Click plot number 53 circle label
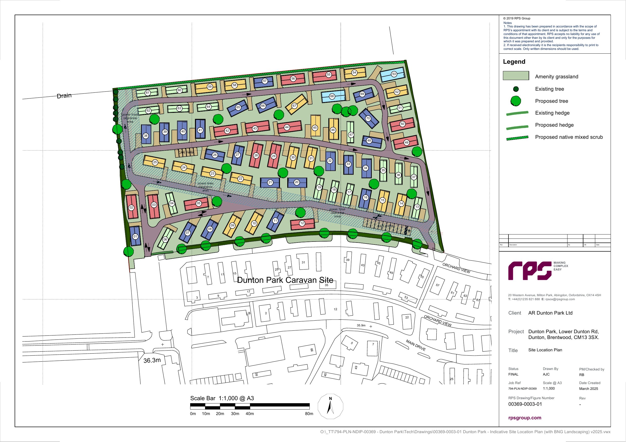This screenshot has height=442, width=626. pos(394,74)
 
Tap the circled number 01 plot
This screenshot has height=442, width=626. pos(135,236)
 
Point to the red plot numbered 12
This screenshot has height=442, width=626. pos(302,223)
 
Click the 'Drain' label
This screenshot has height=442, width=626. pos(64,96)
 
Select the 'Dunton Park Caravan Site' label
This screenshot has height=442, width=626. pos(285,280)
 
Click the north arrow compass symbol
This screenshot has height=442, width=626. pos(330,406)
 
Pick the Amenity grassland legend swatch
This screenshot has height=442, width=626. pos(516,76)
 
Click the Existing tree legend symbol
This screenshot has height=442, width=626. pos(516,89)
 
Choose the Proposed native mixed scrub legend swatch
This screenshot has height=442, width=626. pos(517,138)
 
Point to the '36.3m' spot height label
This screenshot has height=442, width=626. pos(152,360)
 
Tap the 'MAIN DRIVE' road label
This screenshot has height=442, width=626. pos(415,345)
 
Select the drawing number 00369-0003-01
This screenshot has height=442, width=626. pos(525,404)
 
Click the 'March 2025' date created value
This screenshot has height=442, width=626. pos(588,389)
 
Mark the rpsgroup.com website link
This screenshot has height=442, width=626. pos(525,418)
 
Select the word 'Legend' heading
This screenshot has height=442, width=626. pos(514,61)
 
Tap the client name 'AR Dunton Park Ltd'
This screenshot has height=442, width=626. pos(550,313)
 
